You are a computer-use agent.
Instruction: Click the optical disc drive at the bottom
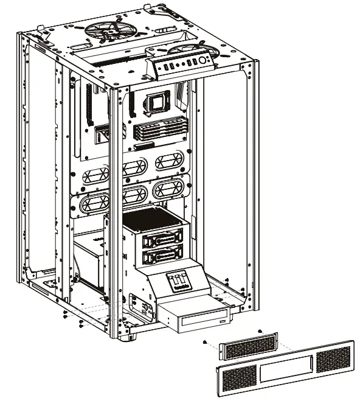[195, 317]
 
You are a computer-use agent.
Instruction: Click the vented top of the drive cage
[154, 218]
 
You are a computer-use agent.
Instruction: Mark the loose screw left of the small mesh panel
[204, 342]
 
